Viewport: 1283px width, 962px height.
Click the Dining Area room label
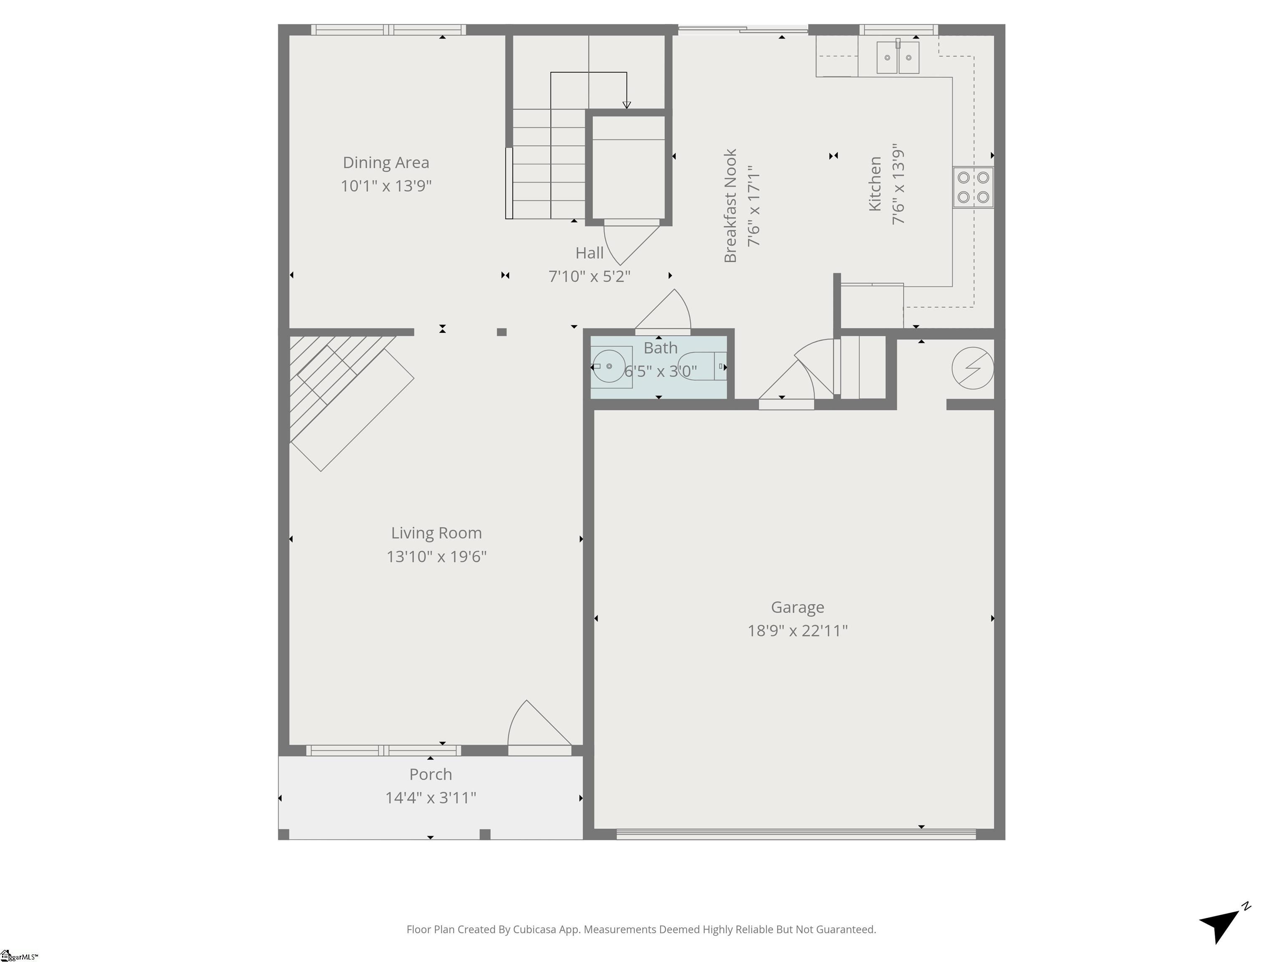(386, 163)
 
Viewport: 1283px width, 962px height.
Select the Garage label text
(798, 608)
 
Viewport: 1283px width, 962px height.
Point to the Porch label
(430, 775)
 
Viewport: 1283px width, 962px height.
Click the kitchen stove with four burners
(973, 187)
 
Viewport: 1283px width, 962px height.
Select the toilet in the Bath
(702, 366)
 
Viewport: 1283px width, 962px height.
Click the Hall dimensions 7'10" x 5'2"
(589, 276)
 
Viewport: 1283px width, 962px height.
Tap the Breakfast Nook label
(730, 206)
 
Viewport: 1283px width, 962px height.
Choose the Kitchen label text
(875, 183)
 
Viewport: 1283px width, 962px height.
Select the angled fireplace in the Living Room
(348, 400)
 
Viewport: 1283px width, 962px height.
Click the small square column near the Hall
(502, 332)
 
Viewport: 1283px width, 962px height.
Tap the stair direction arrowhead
(626, 105)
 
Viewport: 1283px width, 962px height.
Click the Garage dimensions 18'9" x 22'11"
(798, 631)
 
